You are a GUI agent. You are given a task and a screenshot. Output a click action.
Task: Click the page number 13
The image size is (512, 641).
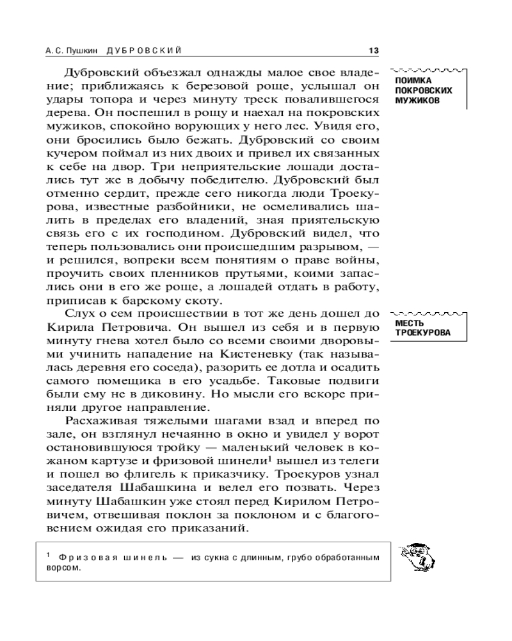pyautogui.click(x=374, y=50)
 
